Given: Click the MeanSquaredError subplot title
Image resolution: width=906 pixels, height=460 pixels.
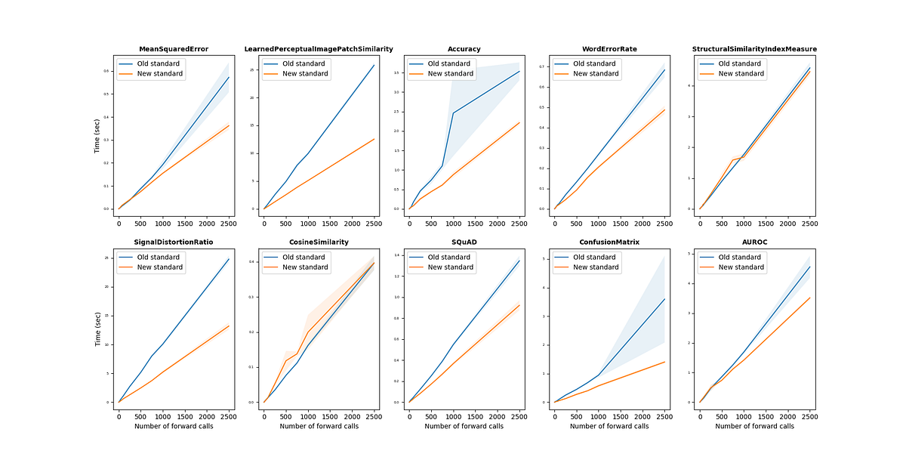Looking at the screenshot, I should (x=174, y=49).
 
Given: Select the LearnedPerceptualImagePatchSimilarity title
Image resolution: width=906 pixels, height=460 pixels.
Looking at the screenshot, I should (x=319, y=49).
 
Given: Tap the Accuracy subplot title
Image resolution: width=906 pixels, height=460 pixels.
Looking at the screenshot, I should (x=464, y=49).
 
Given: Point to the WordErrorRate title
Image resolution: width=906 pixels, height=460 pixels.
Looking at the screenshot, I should (x=609, y=49).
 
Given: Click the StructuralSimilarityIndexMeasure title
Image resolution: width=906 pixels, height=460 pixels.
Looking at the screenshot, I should (x=754, y=49).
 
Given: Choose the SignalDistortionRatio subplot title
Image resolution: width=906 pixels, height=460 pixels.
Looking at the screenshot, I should (x=174, y=242).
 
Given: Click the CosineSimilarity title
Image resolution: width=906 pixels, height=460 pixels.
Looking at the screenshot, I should (x=319, y=242).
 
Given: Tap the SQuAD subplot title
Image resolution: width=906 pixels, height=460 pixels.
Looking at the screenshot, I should (x=464, y=242).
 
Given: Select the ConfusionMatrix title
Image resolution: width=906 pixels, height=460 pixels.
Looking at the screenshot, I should (x=609, y=242).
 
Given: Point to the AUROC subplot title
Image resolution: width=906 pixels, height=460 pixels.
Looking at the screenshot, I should (x=754, y=242).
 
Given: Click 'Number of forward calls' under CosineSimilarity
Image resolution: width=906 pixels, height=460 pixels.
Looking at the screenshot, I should (x=319, y=427).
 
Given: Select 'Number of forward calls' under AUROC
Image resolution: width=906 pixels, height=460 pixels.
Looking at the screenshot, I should (x=754, y=427).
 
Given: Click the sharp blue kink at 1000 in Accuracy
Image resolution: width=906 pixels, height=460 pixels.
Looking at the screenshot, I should (x=453, y=113).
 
